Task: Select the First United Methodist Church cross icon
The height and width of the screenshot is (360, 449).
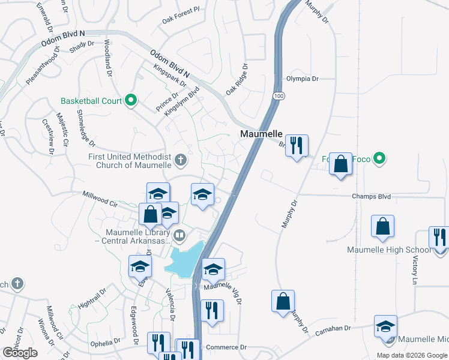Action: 181,160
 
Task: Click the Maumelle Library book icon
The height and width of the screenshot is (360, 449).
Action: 178,235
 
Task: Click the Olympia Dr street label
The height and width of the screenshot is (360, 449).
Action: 302,79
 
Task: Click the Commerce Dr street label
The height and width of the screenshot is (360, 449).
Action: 226,347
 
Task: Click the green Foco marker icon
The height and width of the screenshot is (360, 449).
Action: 379,159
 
